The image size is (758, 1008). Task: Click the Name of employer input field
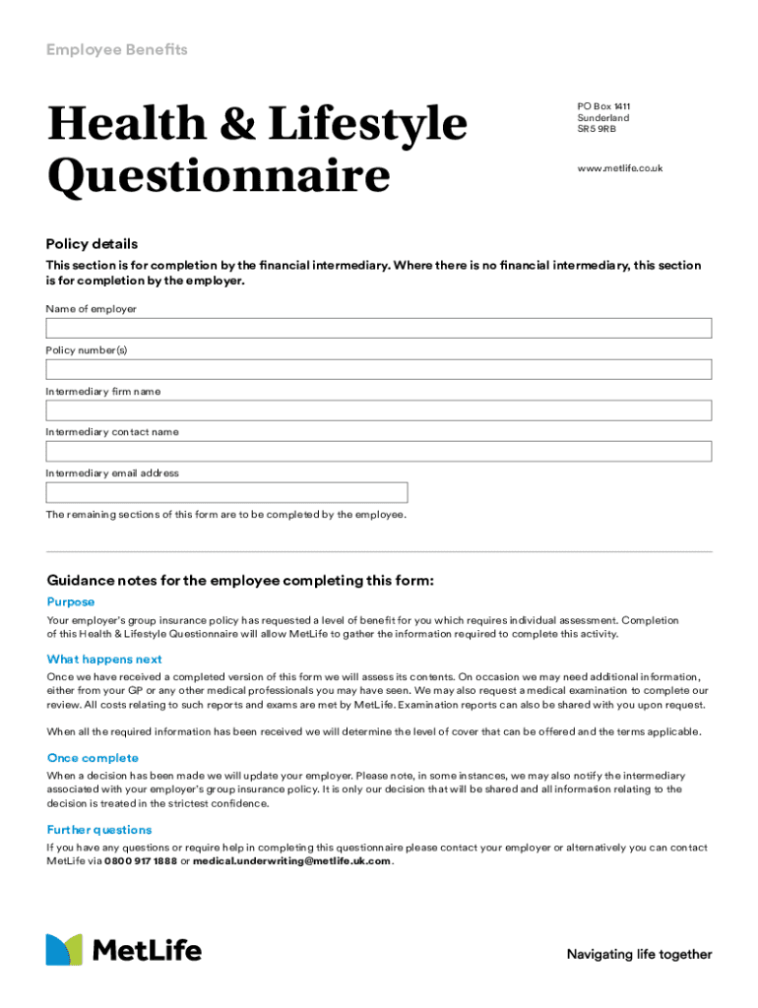pyautogui.click(x=379, y=328)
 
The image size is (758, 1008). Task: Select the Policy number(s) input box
pyautogui.click(x=379, y=369)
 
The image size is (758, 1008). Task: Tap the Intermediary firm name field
pyautogui.click(x=379, y=410)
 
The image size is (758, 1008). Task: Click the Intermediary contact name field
pyautogui.click(x=379, y=451)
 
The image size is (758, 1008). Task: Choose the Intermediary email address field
pyautogui.click(x=226, y=492)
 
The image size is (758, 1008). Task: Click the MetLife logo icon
pyautogui.click(x=64, y=950)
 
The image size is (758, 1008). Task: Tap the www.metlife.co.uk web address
pyautogui.click(x=619, y=168)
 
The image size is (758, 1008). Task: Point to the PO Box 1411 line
pyautogui.click(x=603, y=106)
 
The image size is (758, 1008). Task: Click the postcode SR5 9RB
pyautogui.click(x=597, y=129)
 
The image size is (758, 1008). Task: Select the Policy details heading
pyautogui.click(x=92, y=244)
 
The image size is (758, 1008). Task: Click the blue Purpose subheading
pyautogui.click(x=71, y=601)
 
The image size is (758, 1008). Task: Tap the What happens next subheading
pyautogui.click(x=104, y=660)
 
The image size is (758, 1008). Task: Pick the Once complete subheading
pyautogui.click(x=93, y=758)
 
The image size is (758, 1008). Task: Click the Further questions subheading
pyautogui.click(x=99, y=830)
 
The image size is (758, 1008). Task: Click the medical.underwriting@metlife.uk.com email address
pyautogui.click(x=291, y=861)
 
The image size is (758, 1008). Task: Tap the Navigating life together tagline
pyautogui.click(x=639, y=954)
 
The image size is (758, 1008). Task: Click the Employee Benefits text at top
pyautogui.click(x=116, y=49)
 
